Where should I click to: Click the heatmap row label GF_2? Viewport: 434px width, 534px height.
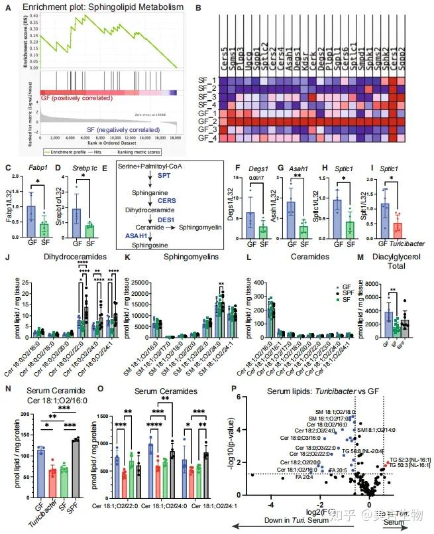pyautogui.click(x=207, y=122)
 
